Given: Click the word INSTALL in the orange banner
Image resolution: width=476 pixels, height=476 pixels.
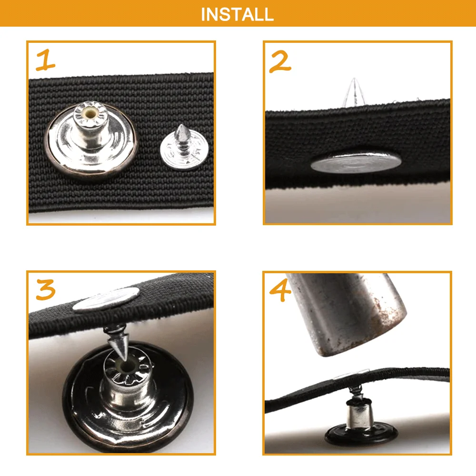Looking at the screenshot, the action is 238,14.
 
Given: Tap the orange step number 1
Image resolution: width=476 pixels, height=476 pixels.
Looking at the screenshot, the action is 46,60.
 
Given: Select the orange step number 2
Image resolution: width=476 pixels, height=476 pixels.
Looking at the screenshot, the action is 280,61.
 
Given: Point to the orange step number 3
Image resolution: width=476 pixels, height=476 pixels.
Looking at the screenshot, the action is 46,289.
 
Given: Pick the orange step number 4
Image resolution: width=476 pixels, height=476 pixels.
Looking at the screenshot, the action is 280,290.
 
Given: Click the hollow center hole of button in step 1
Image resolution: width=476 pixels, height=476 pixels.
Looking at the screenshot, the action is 90,114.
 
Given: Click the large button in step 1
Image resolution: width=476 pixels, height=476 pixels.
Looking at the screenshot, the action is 91,140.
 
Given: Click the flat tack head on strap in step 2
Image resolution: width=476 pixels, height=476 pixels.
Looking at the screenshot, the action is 356,162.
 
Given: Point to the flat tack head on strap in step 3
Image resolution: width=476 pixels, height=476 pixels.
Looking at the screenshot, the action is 106,299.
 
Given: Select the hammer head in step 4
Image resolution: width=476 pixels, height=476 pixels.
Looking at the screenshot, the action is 347,313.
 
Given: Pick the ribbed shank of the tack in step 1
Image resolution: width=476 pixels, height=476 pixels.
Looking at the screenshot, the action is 183,146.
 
